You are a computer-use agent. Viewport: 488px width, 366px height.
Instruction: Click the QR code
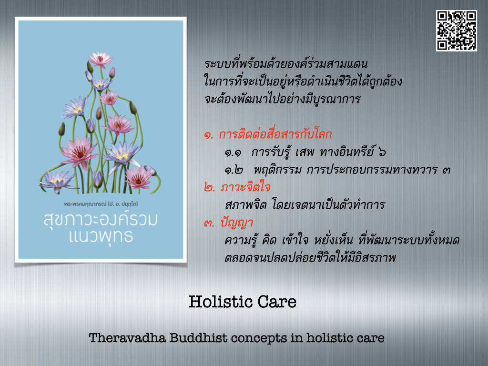pyautogui.click(x=456, y=30)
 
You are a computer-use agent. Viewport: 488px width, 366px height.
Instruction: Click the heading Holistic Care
pyautogui.click(x=243, y=302)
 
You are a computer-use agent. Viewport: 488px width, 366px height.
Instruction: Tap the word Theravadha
pyautogui.click(x=127, y=338)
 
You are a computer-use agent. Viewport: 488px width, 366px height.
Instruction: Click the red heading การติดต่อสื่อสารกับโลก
pyautogui.click(x=275, y=134)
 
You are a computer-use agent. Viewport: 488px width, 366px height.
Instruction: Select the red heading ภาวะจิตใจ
pyautogui.click(x=245, y=187)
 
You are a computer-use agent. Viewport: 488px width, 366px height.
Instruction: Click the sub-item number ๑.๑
pyautogui.click(x=233, y=153)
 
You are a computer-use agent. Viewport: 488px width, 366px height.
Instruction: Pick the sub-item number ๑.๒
pyautogui.click(x=234, y=171)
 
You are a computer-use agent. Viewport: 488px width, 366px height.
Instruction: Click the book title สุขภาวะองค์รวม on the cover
pyautogui.click(x=101, y=219)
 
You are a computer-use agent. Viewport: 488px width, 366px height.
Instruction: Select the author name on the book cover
pyautogui.click(x=101, y=204)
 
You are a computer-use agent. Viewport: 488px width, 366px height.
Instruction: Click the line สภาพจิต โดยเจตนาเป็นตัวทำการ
pyautogui.click(x=305, y=205)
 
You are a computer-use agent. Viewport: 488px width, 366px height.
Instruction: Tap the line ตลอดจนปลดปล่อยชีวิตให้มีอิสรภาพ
pyautogui.click(x=310, y=258)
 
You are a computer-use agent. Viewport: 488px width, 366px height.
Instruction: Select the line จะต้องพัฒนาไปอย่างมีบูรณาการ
pyautogui.click(x=282, y=99)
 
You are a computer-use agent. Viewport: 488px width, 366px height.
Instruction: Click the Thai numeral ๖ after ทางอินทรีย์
pyautogui.click(x=382, y=152)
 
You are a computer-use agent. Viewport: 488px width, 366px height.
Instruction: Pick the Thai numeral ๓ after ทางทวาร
pyautogui.click(x=446, y=171)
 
